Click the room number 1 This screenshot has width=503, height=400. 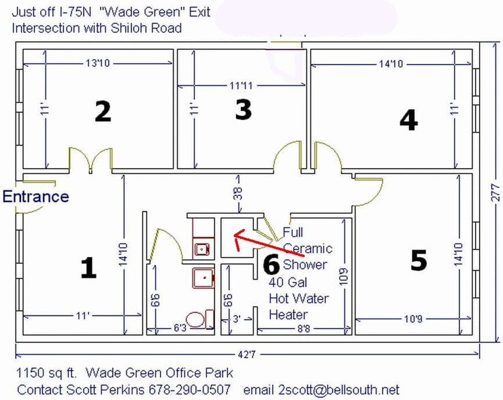click(88, 268)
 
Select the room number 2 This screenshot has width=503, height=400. click(102, 112)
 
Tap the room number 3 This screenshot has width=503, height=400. click(243, 110)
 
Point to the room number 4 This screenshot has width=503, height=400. click(408, 120)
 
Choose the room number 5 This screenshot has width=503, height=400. click(419, 260)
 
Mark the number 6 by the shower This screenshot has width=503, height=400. click(271, 264)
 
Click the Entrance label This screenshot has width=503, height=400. click(36, 197)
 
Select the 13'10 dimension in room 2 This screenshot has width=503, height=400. click(98, 63)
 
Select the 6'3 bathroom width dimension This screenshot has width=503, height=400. click(180, 329)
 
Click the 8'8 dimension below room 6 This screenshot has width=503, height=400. click(304, 329)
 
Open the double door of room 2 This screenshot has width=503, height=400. click(90, 160)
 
